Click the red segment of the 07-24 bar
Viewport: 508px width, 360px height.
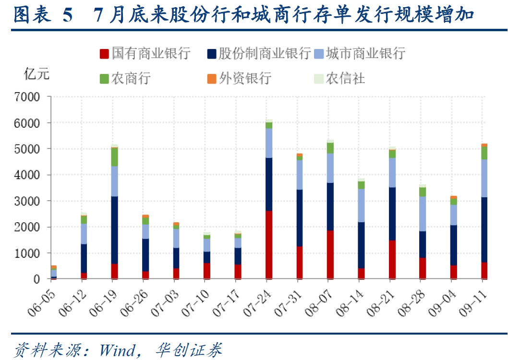click(x=269, y=244)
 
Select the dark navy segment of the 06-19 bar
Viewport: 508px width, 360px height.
click(x=115, y=230)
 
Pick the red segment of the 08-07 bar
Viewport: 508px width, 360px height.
click(x=330, y=254)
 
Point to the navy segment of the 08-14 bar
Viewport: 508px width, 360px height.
click(x=361, y=245)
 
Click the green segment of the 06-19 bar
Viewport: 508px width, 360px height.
click(x=115, y=157)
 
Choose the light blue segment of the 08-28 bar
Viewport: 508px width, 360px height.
click(x=423, y=214)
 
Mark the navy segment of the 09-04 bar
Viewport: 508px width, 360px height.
click(x=453, y=245)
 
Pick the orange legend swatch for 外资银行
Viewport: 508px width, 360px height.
click(x=211, y=78)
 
